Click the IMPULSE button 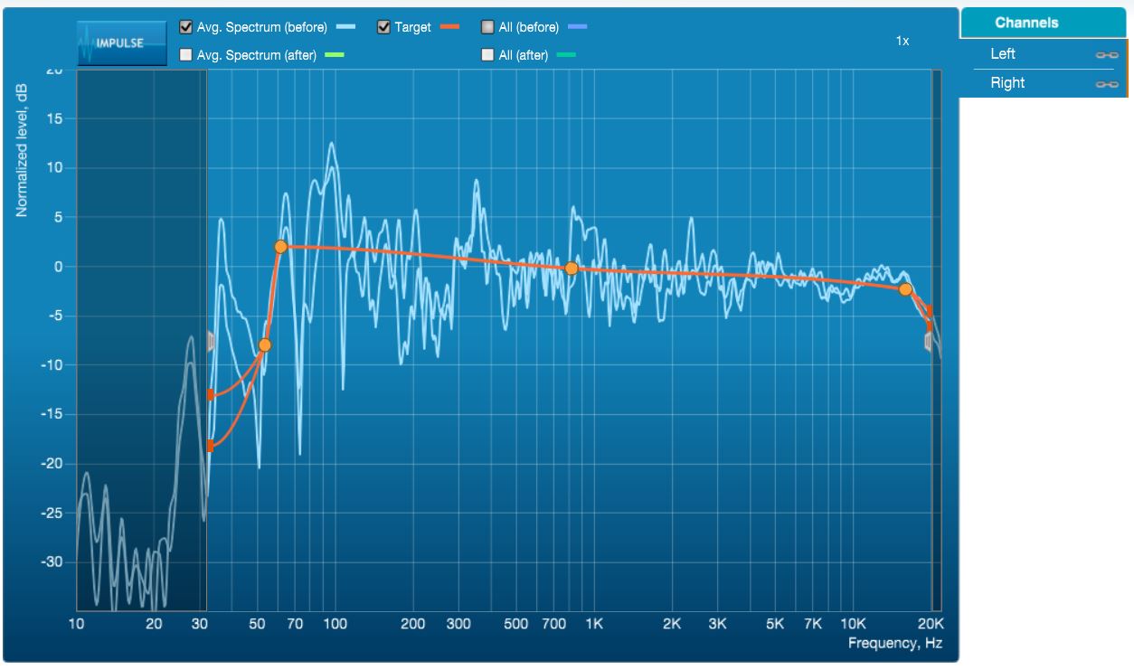coord(121,43)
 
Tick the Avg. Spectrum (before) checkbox coord(185,27)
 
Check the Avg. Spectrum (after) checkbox coord(185,54)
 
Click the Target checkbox coord(383,27)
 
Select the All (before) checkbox coord(487,27)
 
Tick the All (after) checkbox coord(487,54)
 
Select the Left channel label coord(1002,53)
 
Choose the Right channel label coord(1007,82)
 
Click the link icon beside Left coord(1107,54)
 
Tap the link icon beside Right coord(1107,84)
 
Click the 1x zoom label coord(902,41)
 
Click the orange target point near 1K coord(571,269)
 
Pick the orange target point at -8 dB coord(265,345)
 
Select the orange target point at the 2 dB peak coord(281,247)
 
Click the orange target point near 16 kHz coord(905,289)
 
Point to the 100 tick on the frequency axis coord(335,624)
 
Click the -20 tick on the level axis coord(52,464)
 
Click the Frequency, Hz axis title coord(895,643)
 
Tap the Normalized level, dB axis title coord(22,150)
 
